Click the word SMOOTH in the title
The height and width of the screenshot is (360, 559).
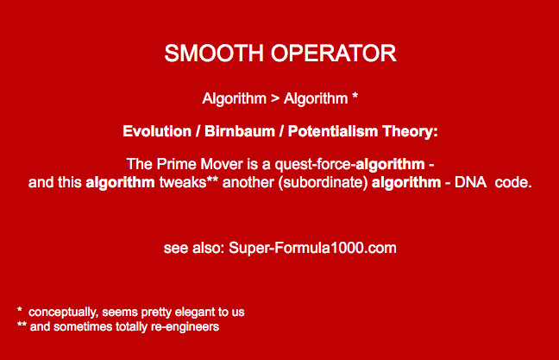pyautogui.click(x=213, y=54)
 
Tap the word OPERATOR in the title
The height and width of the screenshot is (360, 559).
pyautogui.click(x=333, y=54)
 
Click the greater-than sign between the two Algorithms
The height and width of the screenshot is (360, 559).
pyautogui.click(x=275, y=98)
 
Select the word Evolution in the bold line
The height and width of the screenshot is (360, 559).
pyautogui.click(x=157, y=131)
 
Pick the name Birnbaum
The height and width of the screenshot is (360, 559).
pyautogui.click(x=240, y=131)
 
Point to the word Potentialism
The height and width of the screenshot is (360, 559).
pyautogui.click(x=333, y=131)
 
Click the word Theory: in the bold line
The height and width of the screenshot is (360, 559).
pyautogui.click(x=411, y=132)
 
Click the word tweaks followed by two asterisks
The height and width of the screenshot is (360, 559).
pyautogui.click(x=189, y=182)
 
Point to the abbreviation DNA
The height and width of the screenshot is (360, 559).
pyautogui.click(x=471, y=182)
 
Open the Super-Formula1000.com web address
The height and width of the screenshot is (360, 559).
pyautogui.click(x=312, y=248)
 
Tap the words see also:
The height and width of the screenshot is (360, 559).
pyautogui.click(x=194, y=248)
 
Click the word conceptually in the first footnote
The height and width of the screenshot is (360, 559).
pyautogui.click(x=63, y=313)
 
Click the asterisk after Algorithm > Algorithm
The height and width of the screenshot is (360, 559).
pyautogui.click(x=355, y=96)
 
